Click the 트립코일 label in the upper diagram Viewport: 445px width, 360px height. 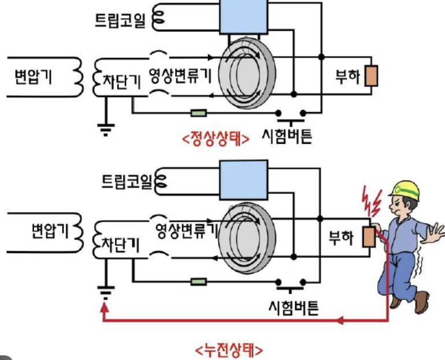click(x=121, y=20)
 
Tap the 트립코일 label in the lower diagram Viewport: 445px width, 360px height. click(x=121, y=182)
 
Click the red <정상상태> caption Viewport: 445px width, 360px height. click(x=215, y=139)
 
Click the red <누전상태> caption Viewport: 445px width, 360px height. click(x=229, y=349)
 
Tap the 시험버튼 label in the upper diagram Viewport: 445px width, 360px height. click(x=287, y=137)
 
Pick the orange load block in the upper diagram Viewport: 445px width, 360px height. click(x=372, y=76)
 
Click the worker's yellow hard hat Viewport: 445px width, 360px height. click(x=404, y=188)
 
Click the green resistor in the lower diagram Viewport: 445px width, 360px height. click(x=199, y=281)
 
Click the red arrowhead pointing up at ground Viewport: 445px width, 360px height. click(x=105, y=310)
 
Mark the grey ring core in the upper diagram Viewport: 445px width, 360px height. click(x=243, y=74)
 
